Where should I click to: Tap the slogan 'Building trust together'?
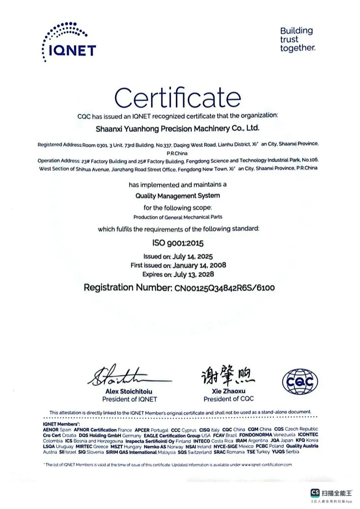coord(297,40)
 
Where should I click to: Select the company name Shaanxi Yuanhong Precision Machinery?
coord(178,129)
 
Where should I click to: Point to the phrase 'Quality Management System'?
coord(178,196)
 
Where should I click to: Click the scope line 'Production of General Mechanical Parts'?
coord(178,217)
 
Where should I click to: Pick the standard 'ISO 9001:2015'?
coord(178,243)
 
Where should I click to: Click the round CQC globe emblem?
coord(300,382)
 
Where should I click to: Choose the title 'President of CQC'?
coord(228,399)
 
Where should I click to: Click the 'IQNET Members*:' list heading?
coord(61,424)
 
